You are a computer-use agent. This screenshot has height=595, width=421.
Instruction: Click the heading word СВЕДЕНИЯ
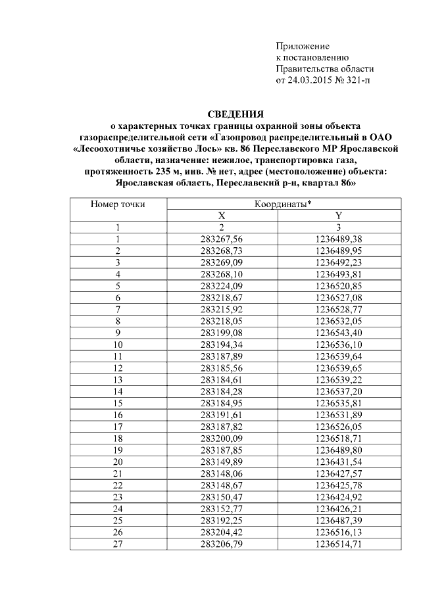pyautogui.click(x=235, y=114)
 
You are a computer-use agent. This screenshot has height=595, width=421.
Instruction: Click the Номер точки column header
pyautogui.click(x=118, y=204)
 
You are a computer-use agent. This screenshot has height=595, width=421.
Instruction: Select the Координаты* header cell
pyautogui.click(x=282, y=204)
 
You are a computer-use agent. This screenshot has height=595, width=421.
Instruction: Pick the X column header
pyautogui.click(x=221, y=216)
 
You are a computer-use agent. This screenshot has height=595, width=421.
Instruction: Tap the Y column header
pyautogui.click(x=339, y=216)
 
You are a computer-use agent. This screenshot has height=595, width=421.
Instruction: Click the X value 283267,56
pyautogui.click(x=221, y=238)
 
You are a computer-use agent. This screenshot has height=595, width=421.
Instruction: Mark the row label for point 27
pyautogui.click(x=118, y=544)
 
